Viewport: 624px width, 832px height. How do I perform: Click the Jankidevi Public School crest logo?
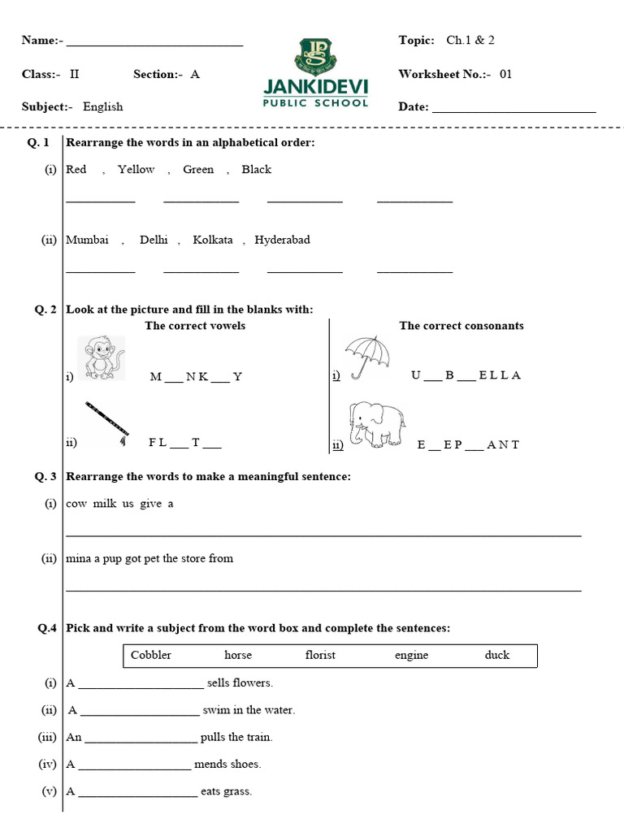point(314,55)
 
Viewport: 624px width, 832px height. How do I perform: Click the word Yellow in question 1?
point(136,170)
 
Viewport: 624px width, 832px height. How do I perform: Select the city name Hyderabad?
point(282,240)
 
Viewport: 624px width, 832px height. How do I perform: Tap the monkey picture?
point(102,358)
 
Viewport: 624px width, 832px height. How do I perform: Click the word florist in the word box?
point(320,655)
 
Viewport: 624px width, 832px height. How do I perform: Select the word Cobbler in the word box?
point(151,655)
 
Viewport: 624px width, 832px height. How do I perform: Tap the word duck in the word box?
point(497,655)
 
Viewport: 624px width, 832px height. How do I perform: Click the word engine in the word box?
point(411,655)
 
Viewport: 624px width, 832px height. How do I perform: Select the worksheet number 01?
point(506,74)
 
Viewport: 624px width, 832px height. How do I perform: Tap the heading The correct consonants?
point(461,326)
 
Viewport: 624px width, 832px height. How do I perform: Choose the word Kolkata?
point(213,240)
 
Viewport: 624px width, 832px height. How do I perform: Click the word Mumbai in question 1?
point(87,240)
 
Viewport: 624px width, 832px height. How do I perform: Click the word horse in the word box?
point(238,655)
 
